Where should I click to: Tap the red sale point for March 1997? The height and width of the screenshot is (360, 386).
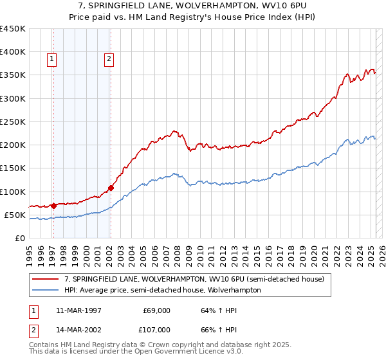point(54,206)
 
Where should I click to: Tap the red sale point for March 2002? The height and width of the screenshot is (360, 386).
point(111,188)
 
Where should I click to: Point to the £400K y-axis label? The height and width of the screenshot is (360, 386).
point(12,52)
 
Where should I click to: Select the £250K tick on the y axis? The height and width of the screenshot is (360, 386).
point(12,122)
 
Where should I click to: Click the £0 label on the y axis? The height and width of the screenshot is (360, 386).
point(19,238)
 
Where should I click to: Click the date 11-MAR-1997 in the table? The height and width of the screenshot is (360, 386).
point(80,310)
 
